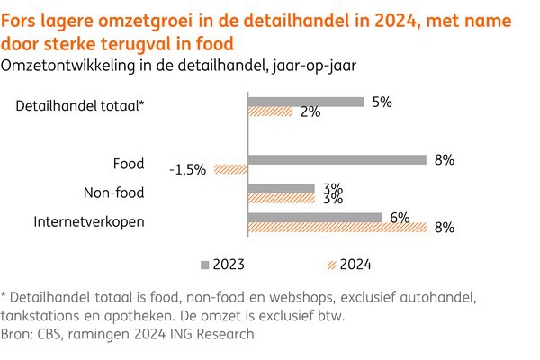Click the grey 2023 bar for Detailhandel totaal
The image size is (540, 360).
click(x=305, y=102)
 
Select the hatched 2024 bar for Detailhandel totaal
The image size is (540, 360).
click(x=270, y=112)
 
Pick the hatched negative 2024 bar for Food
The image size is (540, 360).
click(x=229, y=169)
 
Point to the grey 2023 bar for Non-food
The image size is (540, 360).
click(x=281, y=188)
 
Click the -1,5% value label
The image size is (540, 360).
click(x=187, y=169)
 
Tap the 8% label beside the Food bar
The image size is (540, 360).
click(x=445, y=160)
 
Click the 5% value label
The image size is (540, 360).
click(x=382, y=102)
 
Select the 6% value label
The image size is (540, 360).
click(x=400, y=216)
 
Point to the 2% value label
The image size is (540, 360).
click(x=310, y=112)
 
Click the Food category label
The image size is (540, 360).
click(x=129, y=164)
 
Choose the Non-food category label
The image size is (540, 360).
click(x=113, y=193)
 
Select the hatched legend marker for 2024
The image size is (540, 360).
click(x=327, y=264)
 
